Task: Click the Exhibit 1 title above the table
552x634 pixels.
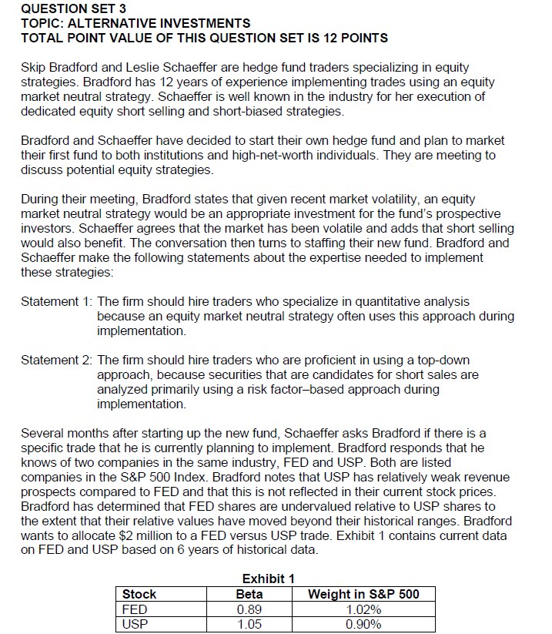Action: (x=268, y=579)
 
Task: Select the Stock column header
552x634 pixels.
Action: (x=139, y=594)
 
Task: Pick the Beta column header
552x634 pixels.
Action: (x=249, y=594)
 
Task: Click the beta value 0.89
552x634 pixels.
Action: (x=249, y=609)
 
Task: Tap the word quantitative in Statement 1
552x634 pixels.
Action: (x=364, y=302)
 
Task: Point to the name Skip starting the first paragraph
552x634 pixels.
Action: (x=35, y=68)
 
